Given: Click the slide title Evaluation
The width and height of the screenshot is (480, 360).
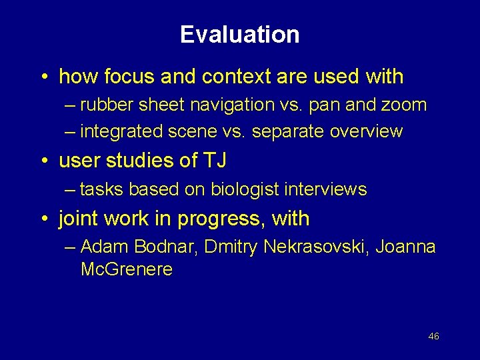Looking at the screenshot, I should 239,35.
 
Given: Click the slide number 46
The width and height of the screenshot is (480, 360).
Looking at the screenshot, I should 433,337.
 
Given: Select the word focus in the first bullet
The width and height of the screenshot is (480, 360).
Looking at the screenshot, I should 124,77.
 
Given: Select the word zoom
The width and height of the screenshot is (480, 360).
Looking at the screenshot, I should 403,105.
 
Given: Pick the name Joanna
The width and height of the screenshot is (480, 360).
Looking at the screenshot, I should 405,247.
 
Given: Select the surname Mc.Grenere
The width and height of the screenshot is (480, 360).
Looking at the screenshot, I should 126,270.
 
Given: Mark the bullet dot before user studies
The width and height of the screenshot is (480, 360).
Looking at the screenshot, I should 43,161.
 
